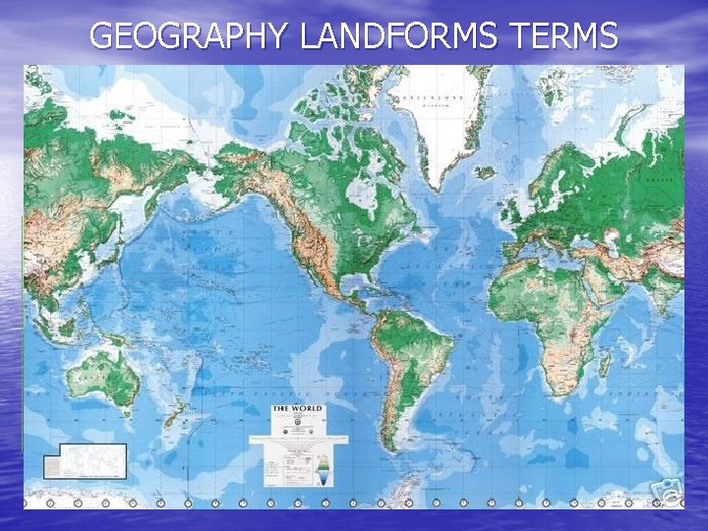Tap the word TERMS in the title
[564, 36]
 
